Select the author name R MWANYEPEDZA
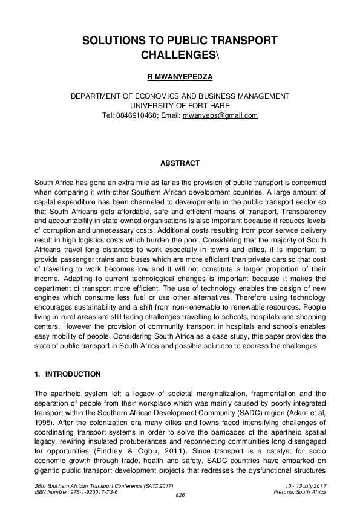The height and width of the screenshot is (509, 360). [180, 78]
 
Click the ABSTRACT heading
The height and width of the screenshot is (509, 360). [180, 163]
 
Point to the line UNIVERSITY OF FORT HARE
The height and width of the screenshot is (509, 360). [180, 106]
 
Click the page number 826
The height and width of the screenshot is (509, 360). [180, 496]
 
